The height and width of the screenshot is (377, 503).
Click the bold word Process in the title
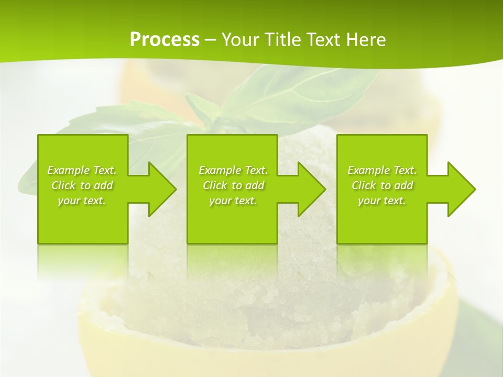click(165, 40)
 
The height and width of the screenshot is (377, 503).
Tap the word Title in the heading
click(281, 40)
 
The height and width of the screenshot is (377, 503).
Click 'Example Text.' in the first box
click(82, 170)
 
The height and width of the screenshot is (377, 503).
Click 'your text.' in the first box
click(82, 201)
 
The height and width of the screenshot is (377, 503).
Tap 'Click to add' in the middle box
click(233, 185)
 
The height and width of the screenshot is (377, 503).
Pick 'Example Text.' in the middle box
click(233, 170)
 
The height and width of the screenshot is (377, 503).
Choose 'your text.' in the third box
click(382, 201)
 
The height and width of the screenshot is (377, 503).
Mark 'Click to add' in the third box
click(382, 185)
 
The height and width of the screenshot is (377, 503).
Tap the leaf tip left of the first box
click(26, 183)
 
